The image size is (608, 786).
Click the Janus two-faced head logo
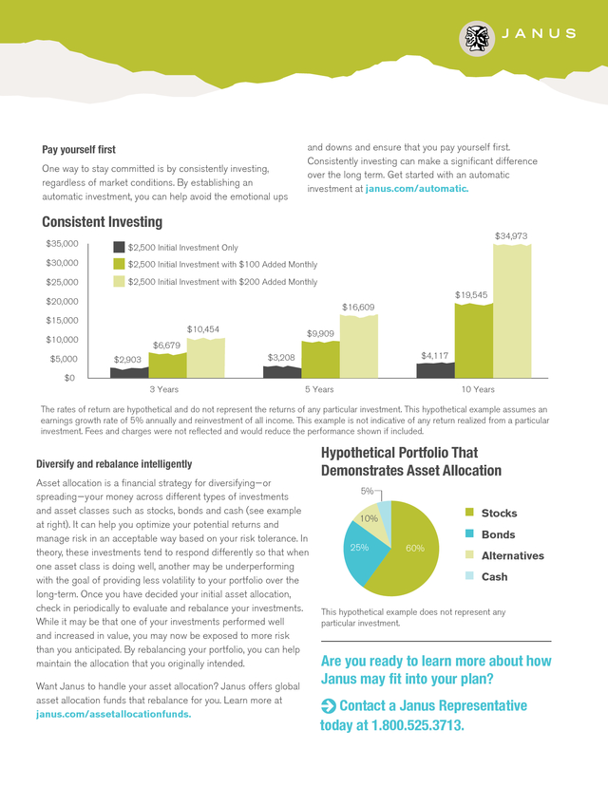pos(477,39)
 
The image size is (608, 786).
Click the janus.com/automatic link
pos(417,189)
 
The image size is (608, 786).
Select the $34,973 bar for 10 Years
pos(512,310)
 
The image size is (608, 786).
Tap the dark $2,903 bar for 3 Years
pos(129,372)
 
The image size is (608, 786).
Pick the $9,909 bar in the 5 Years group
pos(320,360)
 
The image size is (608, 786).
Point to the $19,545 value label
pos(471,294)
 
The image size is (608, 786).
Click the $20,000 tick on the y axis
pos(62,301)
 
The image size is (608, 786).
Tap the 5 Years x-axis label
pos(319,389)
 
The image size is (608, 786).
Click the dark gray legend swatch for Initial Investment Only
pos(119,247)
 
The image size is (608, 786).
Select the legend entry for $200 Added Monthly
pos(216,282)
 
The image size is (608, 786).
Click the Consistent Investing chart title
pos(102,221)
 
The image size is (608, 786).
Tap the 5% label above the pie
pos(368,492)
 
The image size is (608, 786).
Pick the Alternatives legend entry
pos(504,555)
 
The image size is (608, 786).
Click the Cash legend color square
pos(469,575)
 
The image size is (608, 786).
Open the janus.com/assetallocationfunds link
pos(113,714)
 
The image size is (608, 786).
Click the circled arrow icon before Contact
pos(328,706)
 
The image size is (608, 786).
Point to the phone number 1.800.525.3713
pos(417,725)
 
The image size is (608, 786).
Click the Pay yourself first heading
pos(79,149)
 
